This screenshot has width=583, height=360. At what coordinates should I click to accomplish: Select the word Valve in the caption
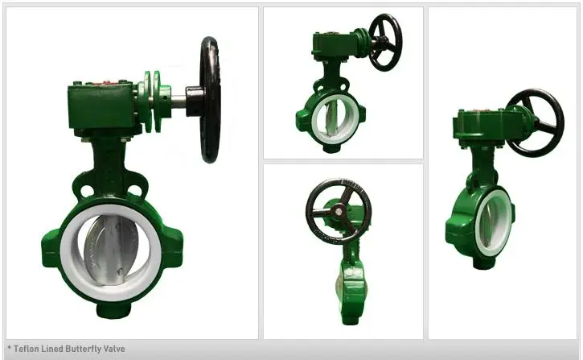click(x=113, y=349)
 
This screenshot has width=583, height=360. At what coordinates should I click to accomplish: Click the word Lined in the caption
click(x=50, y=349)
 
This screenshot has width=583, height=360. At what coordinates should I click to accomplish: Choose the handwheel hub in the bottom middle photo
click(x=339, y=212)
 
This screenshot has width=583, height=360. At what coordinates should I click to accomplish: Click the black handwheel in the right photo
click(x=536, y=122)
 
